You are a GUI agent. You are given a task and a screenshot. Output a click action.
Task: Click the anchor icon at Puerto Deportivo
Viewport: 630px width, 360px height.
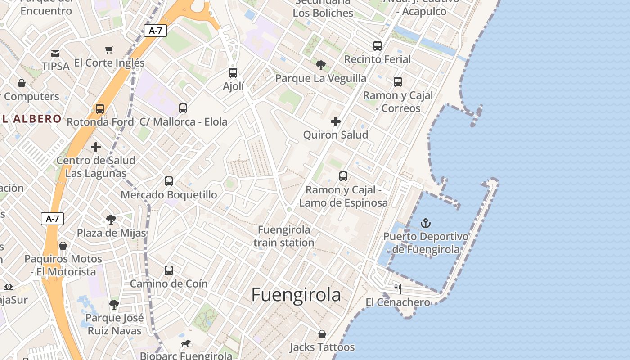click(425, 223)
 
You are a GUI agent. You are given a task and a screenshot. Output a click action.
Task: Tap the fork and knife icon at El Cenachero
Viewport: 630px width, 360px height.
click(398, 288)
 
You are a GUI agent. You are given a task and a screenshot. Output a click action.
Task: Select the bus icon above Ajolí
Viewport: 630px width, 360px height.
click(233, 73)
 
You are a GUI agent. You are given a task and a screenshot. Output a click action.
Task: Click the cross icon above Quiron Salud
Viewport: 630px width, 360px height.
click(336, 121)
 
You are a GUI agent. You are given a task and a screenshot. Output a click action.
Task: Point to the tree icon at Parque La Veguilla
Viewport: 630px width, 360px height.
click(321, 65)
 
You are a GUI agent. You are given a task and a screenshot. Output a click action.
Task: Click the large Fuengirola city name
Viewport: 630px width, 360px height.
click(296, 295)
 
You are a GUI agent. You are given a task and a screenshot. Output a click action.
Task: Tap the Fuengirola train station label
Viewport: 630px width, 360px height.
click(283, 236)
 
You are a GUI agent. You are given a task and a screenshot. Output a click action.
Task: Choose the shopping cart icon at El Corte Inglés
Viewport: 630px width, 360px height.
click(109, 49)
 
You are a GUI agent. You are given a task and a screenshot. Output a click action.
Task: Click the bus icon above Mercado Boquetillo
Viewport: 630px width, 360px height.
click(169, 181)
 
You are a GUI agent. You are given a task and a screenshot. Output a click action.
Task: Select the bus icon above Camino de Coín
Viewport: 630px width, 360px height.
click(169, 270)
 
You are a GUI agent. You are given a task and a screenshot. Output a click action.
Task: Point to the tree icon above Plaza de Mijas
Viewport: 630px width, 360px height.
click(111, 220)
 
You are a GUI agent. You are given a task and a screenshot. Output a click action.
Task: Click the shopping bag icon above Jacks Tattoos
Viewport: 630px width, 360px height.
click(322, 334)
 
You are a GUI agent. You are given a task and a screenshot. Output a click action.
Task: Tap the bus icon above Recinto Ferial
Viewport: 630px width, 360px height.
click(378, 46)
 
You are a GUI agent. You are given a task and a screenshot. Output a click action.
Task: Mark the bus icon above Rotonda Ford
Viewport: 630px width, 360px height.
click(100, 109)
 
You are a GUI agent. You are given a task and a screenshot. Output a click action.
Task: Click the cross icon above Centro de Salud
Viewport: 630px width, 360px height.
click(96, 147)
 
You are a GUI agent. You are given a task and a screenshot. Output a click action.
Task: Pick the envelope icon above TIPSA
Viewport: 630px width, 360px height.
click(55, 54)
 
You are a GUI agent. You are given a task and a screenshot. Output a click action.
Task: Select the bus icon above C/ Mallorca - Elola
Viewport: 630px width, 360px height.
click(183, 108)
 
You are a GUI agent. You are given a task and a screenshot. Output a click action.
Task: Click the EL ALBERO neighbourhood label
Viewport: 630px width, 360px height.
click(31, 119)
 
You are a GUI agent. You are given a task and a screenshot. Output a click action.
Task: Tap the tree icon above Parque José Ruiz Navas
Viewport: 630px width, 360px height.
click(114, 305)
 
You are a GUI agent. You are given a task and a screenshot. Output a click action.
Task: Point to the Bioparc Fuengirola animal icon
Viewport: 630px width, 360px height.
click(186, 343)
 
